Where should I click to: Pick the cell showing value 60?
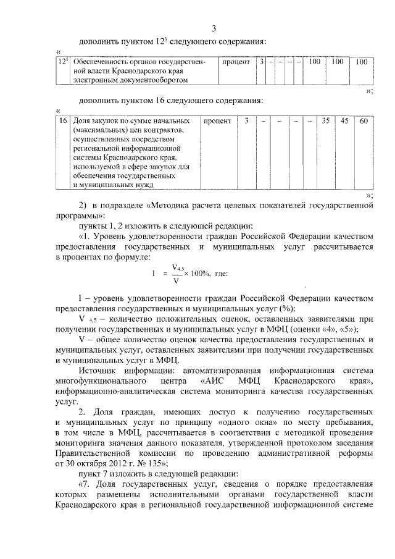(x=364, y=121)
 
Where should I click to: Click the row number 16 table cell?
(x=62, y=121)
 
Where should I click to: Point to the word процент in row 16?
(x=217, y=121)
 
